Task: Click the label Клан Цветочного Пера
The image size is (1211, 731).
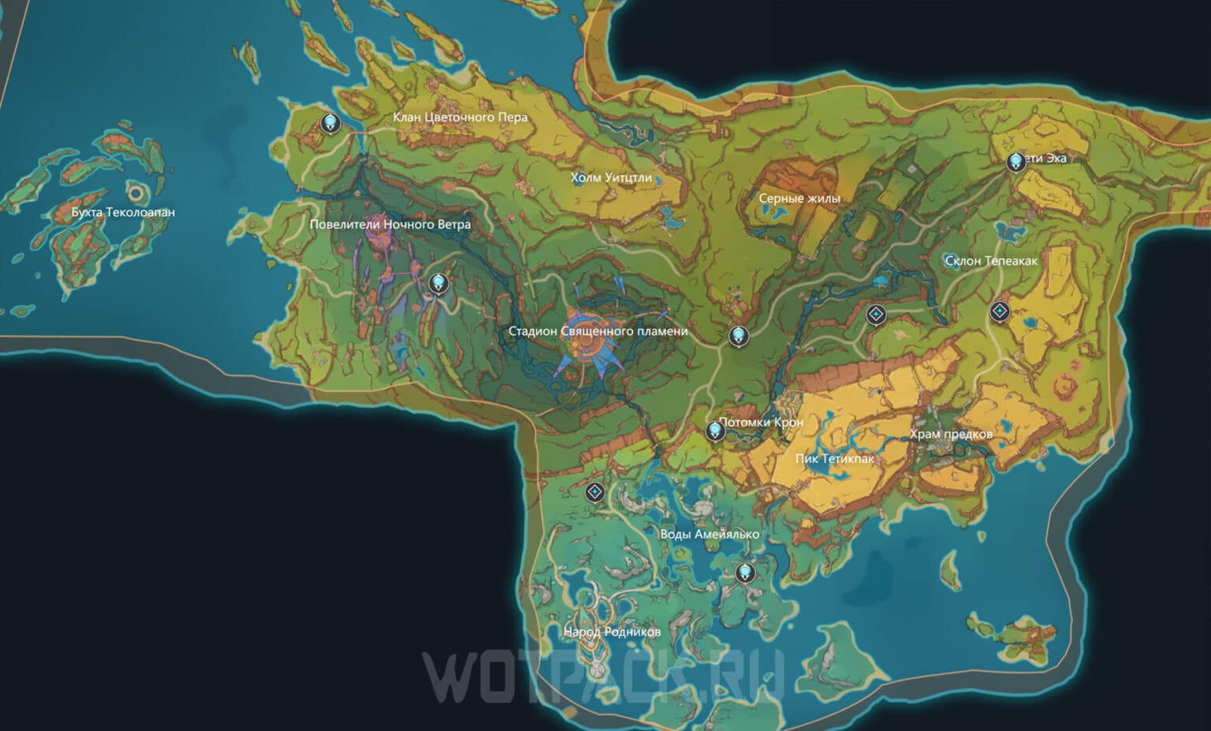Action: click(x=460, y=117)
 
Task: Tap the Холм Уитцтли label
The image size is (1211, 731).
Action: click(x=611, y=178)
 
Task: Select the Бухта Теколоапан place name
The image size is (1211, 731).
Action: click(x=123, y=212)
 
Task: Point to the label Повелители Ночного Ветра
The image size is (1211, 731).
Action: click(x=390, y=225)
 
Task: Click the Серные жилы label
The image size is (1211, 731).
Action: click(x=799, y=199)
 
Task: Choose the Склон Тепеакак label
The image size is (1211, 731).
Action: click(x=991, y=261)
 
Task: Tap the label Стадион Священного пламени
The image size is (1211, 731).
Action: click(x=598, y=332)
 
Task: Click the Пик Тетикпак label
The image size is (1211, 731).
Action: click(x=835, y=459)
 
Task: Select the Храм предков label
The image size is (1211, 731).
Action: click(x=951, y=434)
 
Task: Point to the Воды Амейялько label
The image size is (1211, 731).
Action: click(x=710, y=535)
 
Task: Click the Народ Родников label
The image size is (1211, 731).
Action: click(x=612, y=632)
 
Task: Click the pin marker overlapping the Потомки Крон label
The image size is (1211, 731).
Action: click(x=715, y=431)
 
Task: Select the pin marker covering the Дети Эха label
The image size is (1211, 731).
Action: click(x=1016, y=162)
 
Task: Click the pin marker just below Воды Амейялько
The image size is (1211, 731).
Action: click(x=744, y=572)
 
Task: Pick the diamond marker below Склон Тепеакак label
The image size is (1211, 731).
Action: click(x=1000, y=312)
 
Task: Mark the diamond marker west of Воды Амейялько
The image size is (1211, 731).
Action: click(x=595, y=493)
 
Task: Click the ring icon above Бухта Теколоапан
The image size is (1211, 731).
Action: click(x=136, y=192)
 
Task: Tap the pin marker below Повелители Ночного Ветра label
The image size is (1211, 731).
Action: click(x=438, y=283)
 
